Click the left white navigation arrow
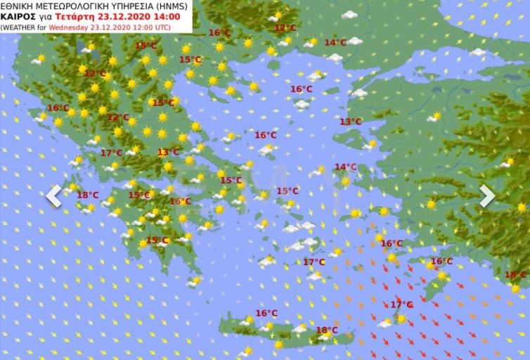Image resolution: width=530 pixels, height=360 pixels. [53, 197]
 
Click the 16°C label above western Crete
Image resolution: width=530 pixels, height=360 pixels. [266, 314]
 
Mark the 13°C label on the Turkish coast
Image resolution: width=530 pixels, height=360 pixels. [350, 122]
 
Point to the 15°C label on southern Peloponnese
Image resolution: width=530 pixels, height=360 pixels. [157, 240]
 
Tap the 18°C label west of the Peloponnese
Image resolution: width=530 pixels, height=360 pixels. [87, 195]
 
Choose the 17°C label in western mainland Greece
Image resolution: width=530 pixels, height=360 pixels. [111, 153]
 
